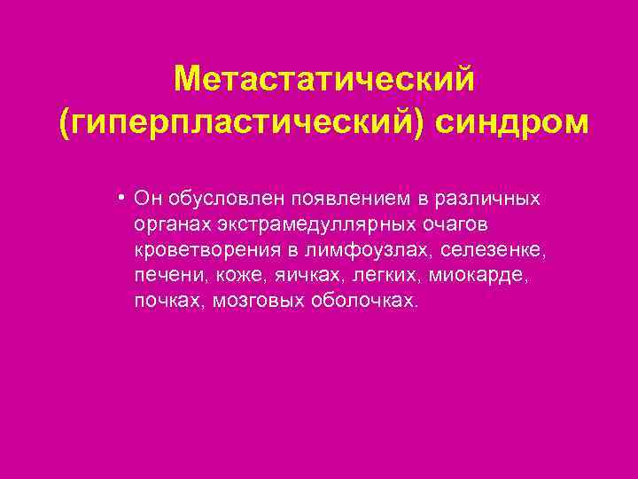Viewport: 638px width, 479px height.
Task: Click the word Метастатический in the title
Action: [x=324, y=79]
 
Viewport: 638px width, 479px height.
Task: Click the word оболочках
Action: [x=362, y=300]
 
